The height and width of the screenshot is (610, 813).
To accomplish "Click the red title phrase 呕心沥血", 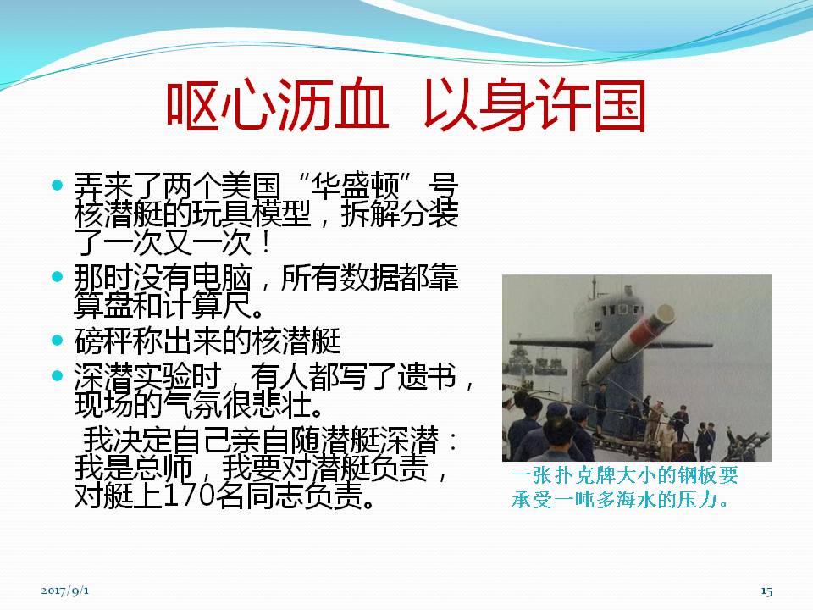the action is [277, 105].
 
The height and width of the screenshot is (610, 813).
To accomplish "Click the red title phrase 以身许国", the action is [535, 105].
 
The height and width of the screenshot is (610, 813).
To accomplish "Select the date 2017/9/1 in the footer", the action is [65, 591].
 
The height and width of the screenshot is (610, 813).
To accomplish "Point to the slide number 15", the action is [766, 591].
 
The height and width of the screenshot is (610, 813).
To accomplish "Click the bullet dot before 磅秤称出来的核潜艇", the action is [58, 341].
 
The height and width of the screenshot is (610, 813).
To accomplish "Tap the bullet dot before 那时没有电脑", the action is [58, 276].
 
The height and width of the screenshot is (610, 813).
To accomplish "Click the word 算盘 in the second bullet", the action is [103, 306].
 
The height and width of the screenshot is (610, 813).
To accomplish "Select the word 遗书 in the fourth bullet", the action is [426, 376].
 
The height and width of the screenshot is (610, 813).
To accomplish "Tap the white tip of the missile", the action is [665, 313].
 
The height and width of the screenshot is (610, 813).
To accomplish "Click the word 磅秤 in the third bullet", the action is [103, 341].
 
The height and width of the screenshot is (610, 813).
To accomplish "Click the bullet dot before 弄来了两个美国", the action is [58, 185].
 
